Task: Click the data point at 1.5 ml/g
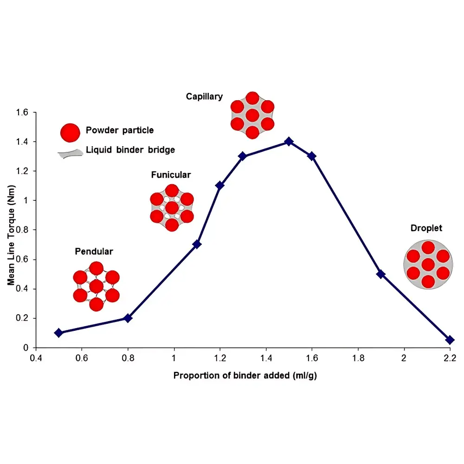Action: [x=289, y=141]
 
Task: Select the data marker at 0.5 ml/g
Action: [x=58, y=333]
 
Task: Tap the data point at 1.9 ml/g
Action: [x=381, y=274]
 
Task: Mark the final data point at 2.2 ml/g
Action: [x=450, y=340]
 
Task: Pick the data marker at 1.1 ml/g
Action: [x=197, y=244]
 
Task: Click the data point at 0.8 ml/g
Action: [x=128, y=318]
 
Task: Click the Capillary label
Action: [x=204, y=97]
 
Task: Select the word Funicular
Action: [x=171, y=175]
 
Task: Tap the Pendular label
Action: [x=94, y=251]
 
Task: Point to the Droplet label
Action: [x=426, y=228]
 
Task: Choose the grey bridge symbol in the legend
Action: [x=70, y=154]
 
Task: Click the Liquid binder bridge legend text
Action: [x=130, y=150]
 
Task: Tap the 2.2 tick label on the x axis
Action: [x=450, y=358]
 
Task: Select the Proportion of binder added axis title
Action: [x=245, y=375]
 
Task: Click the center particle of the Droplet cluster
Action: [x=428, y=265]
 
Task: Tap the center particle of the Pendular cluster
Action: [x=96, y=286]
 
